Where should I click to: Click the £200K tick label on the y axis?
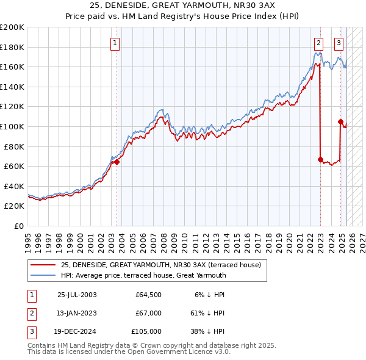(12, 27)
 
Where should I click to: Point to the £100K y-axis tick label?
(12, 126)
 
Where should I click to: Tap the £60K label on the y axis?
(14, 166)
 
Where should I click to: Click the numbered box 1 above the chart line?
(115, 43)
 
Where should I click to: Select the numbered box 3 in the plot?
(339, 43)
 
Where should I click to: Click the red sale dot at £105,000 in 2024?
(340, 121)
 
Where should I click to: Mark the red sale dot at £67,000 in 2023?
(320, 159)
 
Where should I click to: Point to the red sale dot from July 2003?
(117, 162)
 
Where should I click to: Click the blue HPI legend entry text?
(143, 275)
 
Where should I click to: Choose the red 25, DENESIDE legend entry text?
(161, 265)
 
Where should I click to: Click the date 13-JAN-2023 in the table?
(76, 313)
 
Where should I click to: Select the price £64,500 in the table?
(148, 295)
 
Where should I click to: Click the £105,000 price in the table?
(146, 331)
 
